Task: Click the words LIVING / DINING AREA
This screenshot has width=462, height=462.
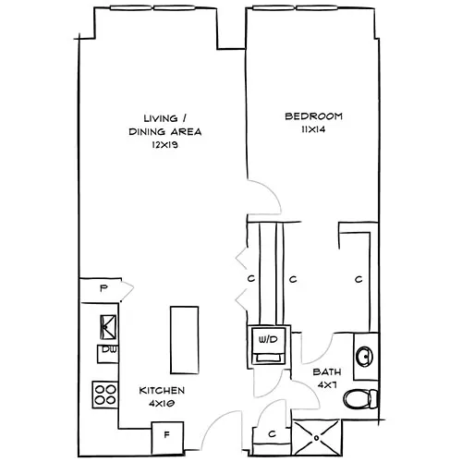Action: click(x=165, y=125)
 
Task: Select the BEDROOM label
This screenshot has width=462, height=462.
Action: click(x=313, y=116)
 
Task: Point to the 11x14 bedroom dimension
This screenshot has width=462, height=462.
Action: click(x=313, y=130)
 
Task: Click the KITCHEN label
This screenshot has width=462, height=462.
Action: click(x=162, y=390)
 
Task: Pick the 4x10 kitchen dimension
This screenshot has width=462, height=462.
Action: click(x=162, y=404)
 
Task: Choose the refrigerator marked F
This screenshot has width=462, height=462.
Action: click(x=166, y=432)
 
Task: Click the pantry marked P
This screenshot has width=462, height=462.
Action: click(x=103, y=287)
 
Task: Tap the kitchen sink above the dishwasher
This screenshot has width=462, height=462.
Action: click(x=107, y=325)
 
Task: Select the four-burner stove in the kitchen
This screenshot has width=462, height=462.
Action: click(x=105, y=395)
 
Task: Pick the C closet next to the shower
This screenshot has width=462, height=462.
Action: click(x=272, y=432)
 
